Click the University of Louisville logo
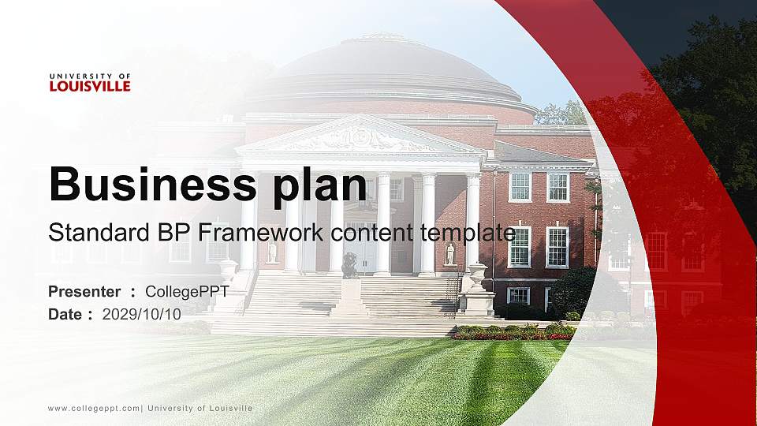pyautogui.click(x=90, y=83)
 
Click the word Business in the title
pyautogui.click(x=147, y=185)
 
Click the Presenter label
pyautogui.click(x=84, y=292)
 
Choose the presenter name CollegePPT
pyautogui.click(x=187, y=292)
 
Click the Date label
pyautogui.click(x=65, y=314)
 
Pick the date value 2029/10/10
pyautogui.click(x=142, y=314)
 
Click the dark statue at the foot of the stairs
pyautogui.click(x=349, y=267)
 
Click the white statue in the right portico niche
pyautogui.click(x=450, y=253)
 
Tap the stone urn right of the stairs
pyautogui.click(x=478, y=275)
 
